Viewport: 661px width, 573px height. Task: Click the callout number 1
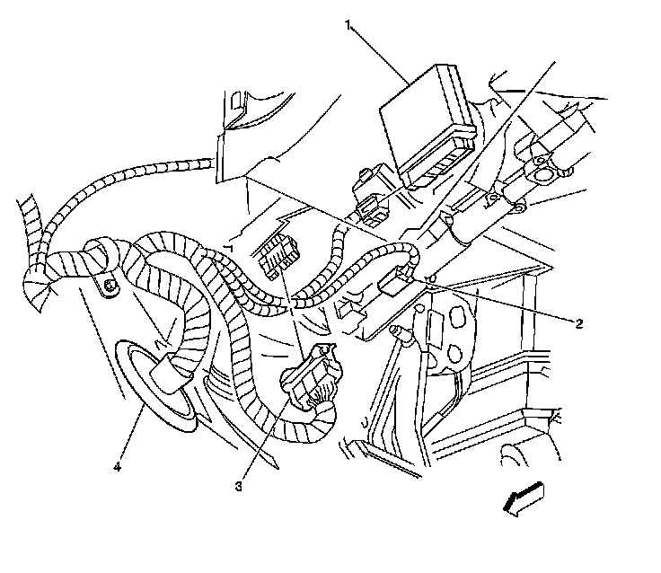coord(348,24)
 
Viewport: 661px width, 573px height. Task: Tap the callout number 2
coord(581,322)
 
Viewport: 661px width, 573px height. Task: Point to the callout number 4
coord(117,465)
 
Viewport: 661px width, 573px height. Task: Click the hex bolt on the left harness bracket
coord(109,286)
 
